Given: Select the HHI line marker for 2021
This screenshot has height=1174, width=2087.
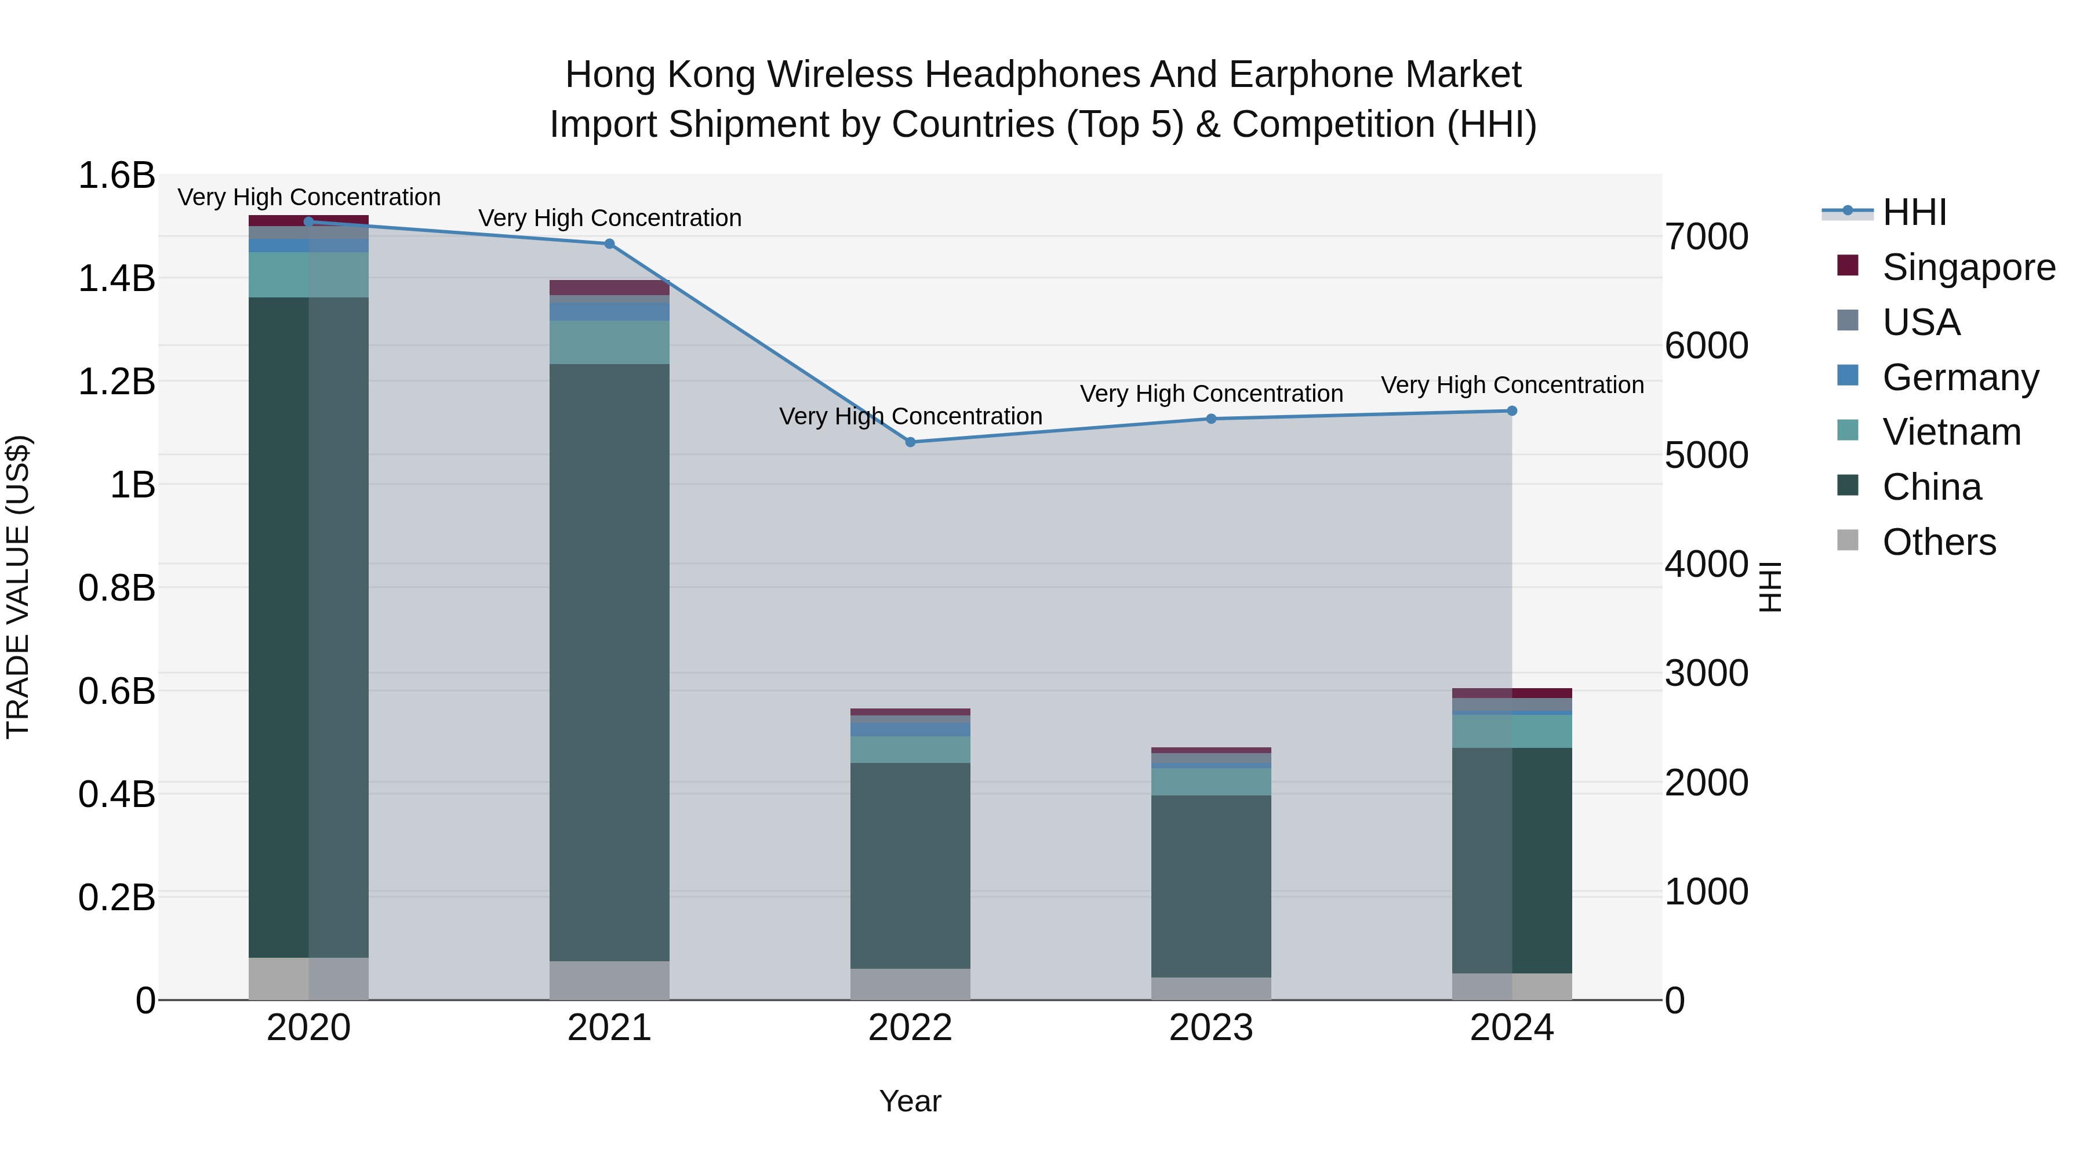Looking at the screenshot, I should [x=609, y=244].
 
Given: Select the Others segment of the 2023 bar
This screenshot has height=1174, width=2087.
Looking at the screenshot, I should [x=1210, y=988].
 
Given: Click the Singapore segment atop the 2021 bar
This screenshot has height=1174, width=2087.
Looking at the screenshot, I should [x=609, y=288].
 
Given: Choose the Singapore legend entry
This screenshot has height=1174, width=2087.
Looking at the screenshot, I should [x=1968, y=267].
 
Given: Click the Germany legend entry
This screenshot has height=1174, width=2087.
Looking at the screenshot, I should [x=1960, y=377].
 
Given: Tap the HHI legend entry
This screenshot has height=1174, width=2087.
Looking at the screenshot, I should [x=1914, y=212].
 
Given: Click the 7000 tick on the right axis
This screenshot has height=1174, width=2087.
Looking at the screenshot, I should [x=1706, y=237].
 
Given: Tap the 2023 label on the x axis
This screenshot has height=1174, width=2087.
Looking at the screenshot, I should [x=1210, y=1028].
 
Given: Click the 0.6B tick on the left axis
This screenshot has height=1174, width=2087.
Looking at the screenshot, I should [x=117, y=691].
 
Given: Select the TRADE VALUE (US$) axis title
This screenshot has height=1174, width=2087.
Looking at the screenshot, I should [x=19, y=587].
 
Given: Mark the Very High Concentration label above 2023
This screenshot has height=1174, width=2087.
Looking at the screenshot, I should [x=1210, y=394].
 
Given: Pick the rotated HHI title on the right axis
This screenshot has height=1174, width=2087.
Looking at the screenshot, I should [x=1771, y=587].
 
